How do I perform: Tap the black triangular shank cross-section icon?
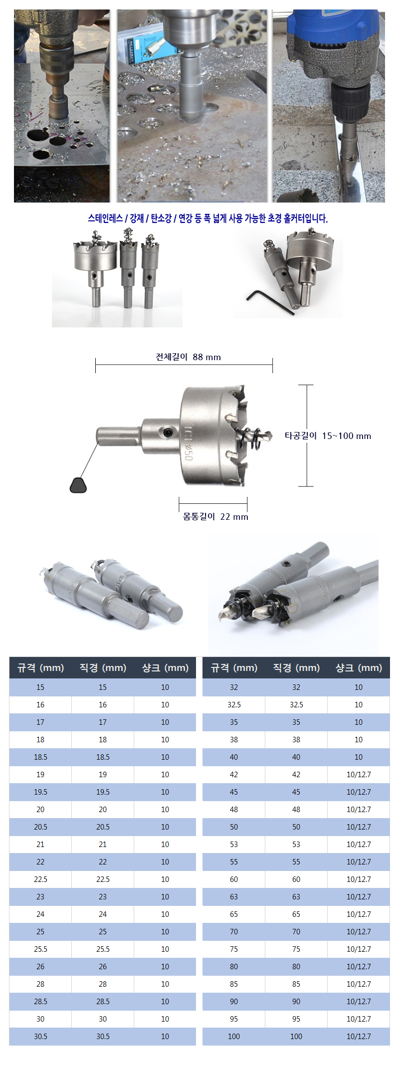[x=78, y=485]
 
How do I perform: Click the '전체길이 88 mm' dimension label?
[x=188, y=357]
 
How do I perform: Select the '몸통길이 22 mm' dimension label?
[x=215, y=517]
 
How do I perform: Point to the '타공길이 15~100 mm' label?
[x=328, y=436]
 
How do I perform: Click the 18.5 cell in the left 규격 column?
[x=40, y=757]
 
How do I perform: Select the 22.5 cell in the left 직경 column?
[x=103, y=879]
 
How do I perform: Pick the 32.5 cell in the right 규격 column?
[x=234, y=705]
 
